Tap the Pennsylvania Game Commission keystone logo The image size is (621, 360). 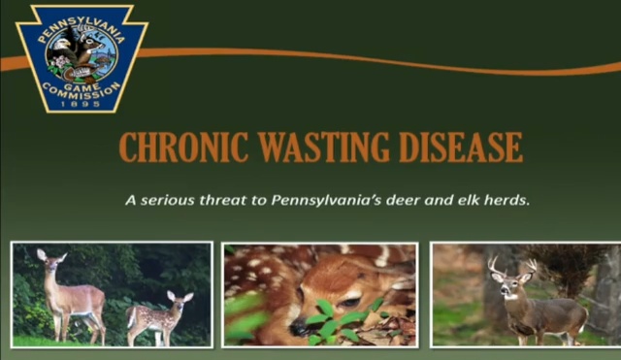tap(82, 56)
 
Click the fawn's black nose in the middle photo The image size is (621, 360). tap(304, 329)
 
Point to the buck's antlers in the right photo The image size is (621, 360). tap(512, 264)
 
